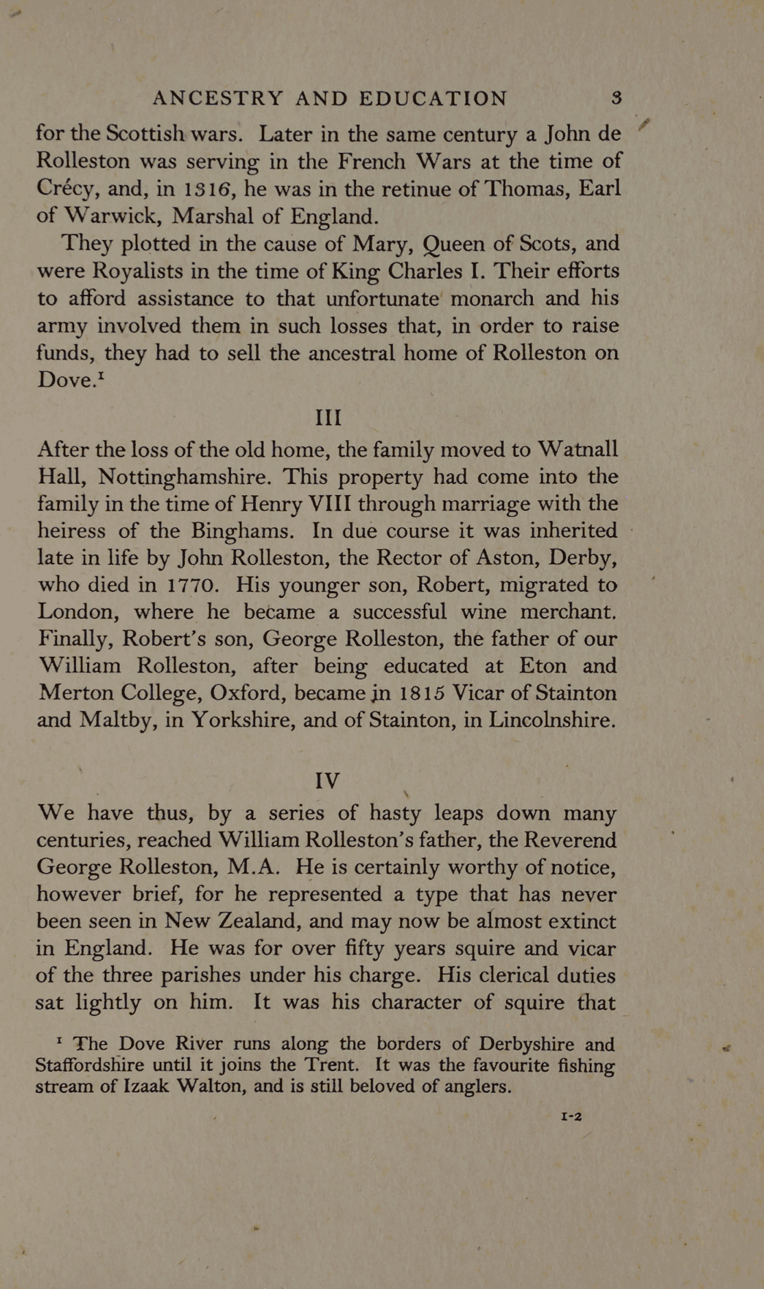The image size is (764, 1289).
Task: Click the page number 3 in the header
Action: click(x=617, y=97)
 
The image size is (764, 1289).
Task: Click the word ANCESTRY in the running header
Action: click(x=217, y=98)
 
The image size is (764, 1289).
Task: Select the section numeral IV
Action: click(x=327, y=780)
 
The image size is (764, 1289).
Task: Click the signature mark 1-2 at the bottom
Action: click(x=571, y=1116)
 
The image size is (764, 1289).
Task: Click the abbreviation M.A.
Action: click(x=252, y=867)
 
